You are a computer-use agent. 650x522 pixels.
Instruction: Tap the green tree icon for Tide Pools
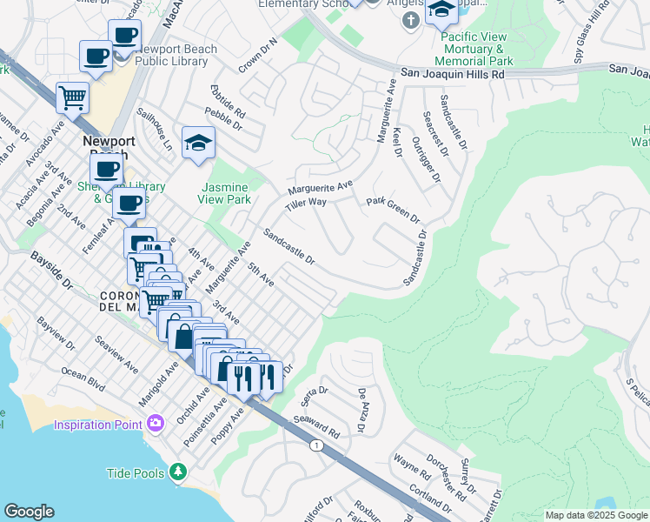[178, 472]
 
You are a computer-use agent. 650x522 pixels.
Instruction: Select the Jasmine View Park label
[226, 193]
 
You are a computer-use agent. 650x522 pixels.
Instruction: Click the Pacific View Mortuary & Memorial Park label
[475, 49]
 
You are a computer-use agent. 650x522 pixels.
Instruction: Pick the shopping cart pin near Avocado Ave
[72, 97]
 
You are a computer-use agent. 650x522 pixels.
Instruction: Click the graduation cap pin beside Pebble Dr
[198, 142]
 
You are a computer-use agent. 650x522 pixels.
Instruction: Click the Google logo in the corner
[29, 512]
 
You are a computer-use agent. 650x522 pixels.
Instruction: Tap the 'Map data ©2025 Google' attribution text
[595, 515]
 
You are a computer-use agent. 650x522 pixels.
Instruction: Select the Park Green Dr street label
[393, 209]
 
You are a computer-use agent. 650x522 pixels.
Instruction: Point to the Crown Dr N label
[260, 54]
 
